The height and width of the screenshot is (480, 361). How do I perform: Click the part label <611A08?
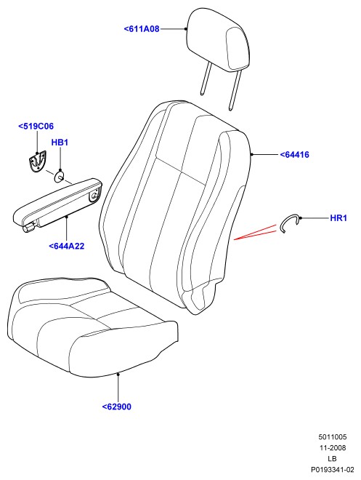click(142, 29)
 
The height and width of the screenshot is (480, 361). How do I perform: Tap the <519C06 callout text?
click(36, 126)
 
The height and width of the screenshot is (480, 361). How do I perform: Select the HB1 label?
click(60, 143)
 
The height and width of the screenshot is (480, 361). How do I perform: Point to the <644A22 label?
click(66, 246)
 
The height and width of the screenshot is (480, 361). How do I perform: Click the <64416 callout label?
click(294, 155)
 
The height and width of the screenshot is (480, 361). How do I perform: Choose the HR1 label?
click(338, 218)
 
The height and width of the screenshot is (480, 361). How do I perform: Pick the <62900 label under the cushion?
click(116, 407)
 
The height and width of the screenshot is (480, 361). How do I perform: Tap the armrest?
click(58, 205)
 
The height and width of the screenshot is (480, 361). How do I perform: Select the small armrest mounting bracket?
click(37, 161)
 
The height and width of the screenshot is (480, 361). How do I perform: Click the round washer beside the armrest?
click(60, 177)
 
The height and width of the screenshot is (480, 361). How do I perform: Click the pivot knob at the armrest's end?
click(29, 228)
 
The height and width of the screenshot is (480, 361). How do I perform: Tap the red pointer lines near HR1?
click(255, 233)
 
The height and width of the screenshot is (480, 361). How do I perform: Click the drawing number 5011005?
click(333, 437)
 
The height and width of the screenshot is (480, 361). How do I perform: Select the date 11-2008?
click(333, 448)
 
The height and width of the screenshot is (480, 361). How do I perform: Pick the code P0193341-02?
click(333, 470)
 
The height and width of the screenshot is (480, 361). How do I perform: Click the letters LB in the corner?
click(332, 459)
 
